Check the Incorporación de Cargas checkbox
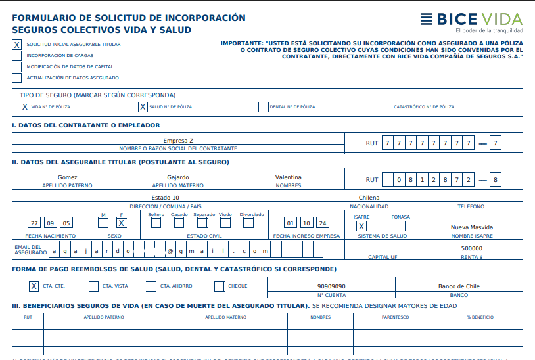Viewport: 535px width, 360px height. click(x=16, y=56)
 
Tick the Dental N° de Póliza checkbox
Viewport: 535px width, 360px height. click(x=263, y=106)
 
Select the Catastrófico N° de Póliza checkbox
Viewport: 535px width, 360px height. click(x=387, y=106)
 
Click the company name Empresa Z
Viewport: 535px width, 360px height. click(x=178, y=141)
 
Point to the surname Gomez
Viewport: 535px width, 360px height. click(x=68, y=177)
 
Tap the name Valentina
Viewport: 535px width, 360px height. click(x=289, y=177)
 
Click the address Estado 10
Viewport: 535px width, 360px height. click(x=166, y=198)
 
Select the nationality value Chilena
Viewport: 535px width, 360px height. click(x=369, y=198)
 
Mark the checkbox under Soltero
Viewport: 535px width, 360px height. click(x=156, y=223)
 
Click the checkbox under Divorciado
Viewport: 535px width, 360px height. click(x=248, y=223)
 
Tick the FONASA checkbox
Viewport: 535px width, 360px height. click(x=400, y=226)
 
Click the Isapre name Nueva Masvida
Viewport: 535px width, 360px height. click(x=473, y=227)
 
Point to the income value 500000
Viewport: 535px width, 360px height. click(x=472, y=248)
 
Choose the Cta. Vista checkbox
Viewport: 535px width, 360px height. click(x=93, y=286)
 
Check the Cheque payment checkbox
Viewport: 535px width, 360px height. click(x=219, y=286)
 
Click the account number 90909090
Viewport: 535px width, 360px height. click(x=331, y=286)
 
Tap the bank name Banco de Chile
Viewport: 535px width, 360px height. click(x=459, y=286)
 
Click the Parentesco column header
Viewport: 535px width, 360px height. click(x=395, y=317)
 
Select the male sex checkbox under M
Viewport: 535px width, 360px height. click(x=103, y=223)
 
